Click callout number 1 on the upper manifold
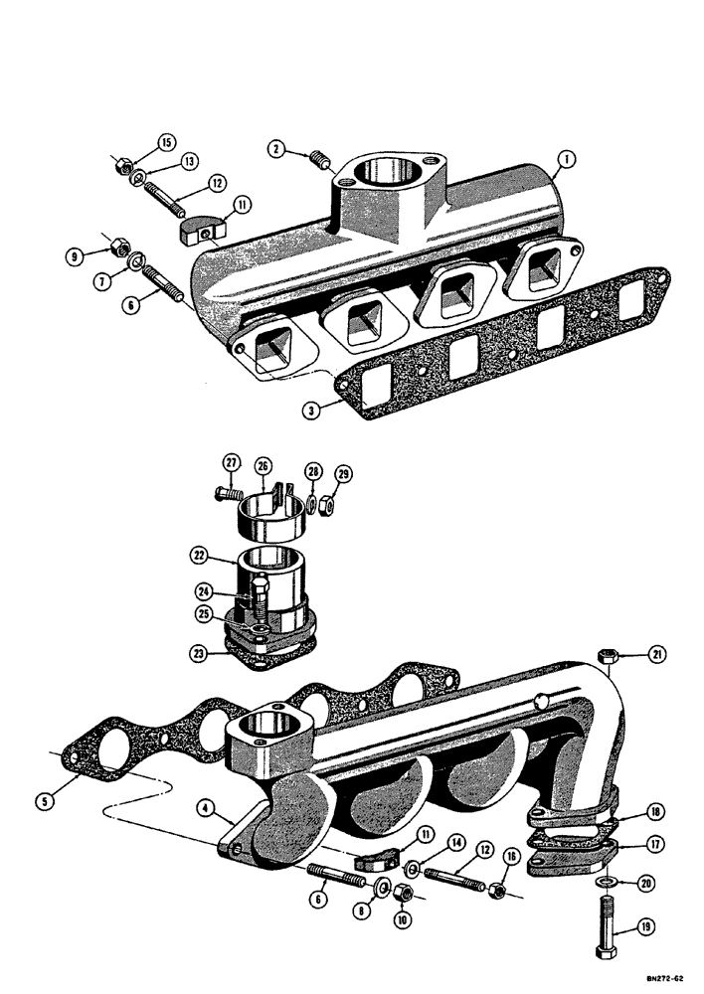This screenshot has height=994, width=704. click(x=566, y=158)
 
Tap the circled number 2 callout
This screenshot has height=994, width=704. click(x=277, y=149)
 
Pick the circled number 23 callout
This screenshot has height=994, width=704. click(x=199, y=652)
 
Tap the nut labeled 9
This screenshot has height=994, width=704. click(x=113, y=244)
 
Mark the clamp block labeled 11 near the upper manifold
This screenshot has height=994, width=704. click(x=195, y=232)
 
